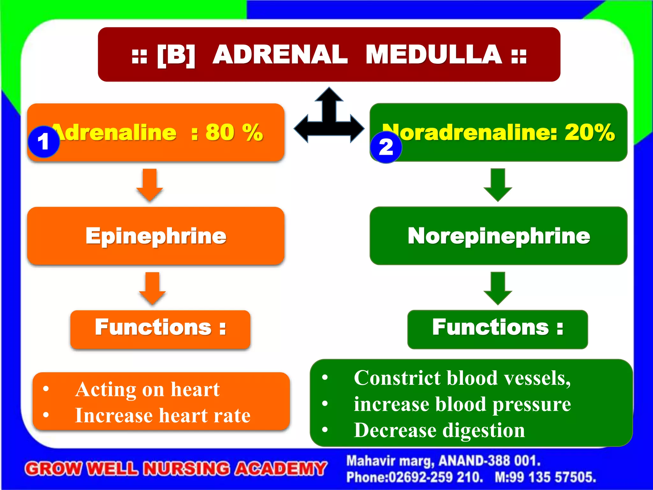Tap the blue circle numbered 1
click(x=44, y=142)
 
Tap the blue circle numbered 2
click(x=386, y=147)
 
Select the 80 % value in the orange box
click(x=234, y=132)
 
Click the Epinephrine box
click(x=156, y=236)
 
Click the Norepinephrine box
click(x=498, y=236)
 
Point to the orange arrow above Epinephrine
click(x=150, y=185)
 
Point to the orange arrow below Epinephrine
click(x=152, y=288)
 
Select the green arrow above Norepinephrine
click(x=498, y=185)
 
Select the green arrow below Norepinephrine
click(x=498, y=288)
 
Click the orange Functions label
click(x=160, y=329)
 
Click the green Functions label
click(x=497, y=329)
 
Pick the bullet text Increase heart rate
click(x=163, y=416)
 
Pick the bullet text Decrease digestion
click(x=439, y=430)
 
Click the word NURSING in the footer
click(x=186, y=469)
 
